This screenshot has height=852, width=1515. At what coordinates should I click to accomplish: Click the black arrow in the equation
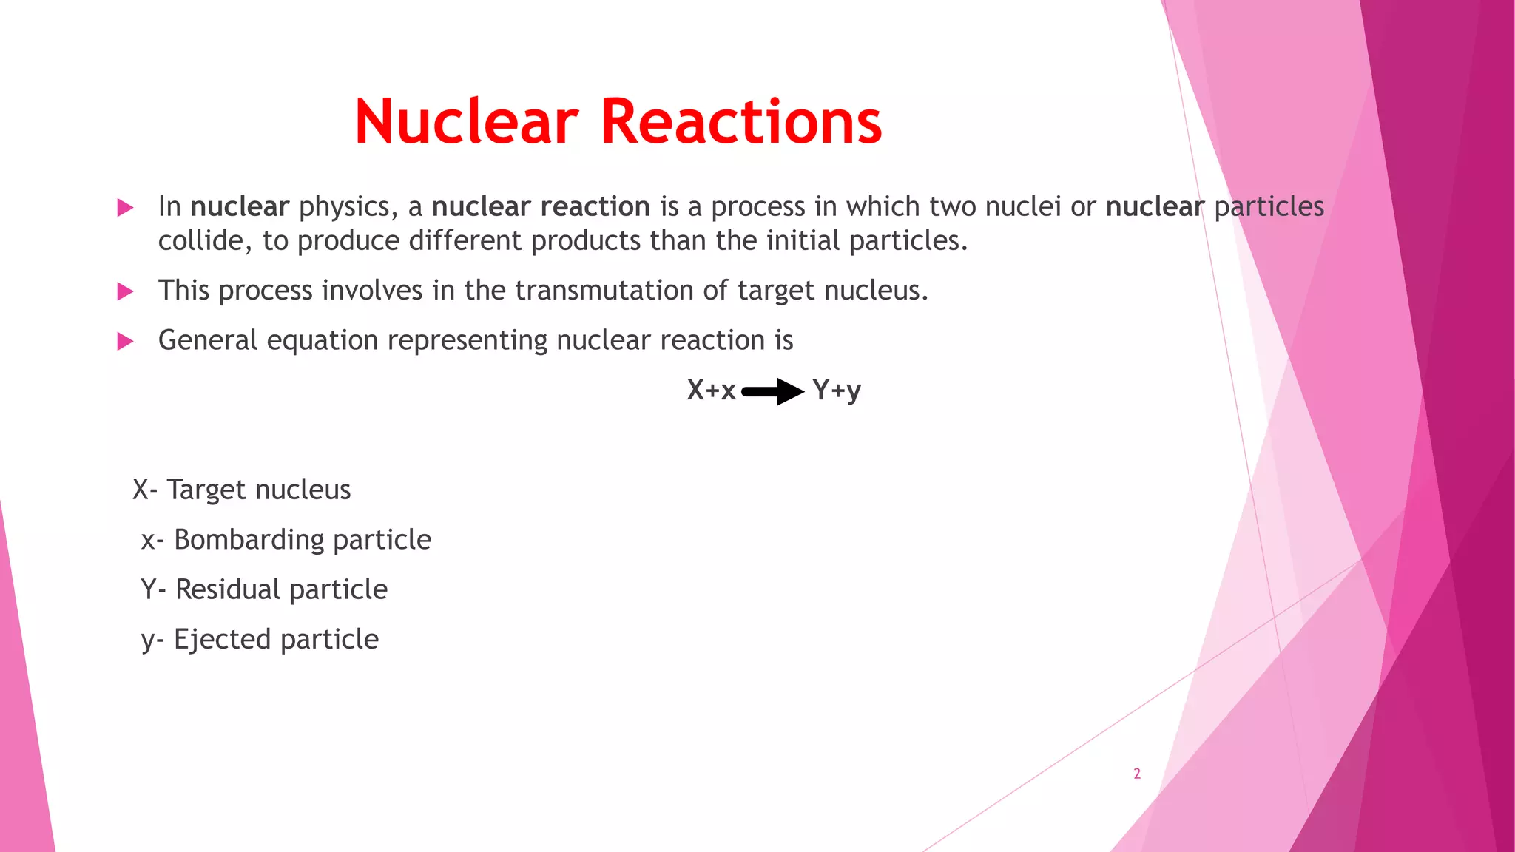[x=773, y=391]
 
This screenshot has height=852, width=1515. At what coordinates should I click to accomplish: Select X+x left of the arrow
[x=711, y=390]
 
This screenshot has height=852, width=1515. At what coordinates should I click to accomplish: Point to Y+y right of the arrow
[x=837, y=390]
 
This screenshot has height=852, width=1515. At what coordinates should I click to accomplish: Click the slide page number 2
[x=1137, y=774]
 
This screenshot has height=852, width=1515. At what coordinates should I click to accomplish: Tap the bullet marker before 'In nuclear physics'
[x=125, y=208]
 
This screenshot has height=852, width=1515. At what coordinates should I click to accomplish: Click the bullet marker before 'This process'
[x=125, y=291]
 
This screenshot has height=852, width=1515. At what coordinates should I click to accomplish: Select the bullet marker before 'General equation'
[x=125, y=341]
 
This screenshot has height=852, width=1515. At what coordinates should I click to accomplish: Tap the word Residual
[x=228, y=589]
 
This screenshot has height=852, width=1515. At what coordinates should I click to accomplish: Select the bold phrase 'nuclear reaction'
[x=541, y=206]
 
